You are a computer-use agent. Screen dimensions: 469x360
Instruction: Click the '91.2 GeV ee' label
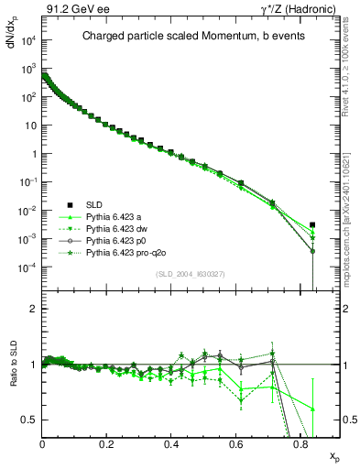tap(70, 9)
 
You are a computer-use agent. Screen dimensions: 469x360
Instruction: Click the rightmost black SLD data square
tap(312, 224)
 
